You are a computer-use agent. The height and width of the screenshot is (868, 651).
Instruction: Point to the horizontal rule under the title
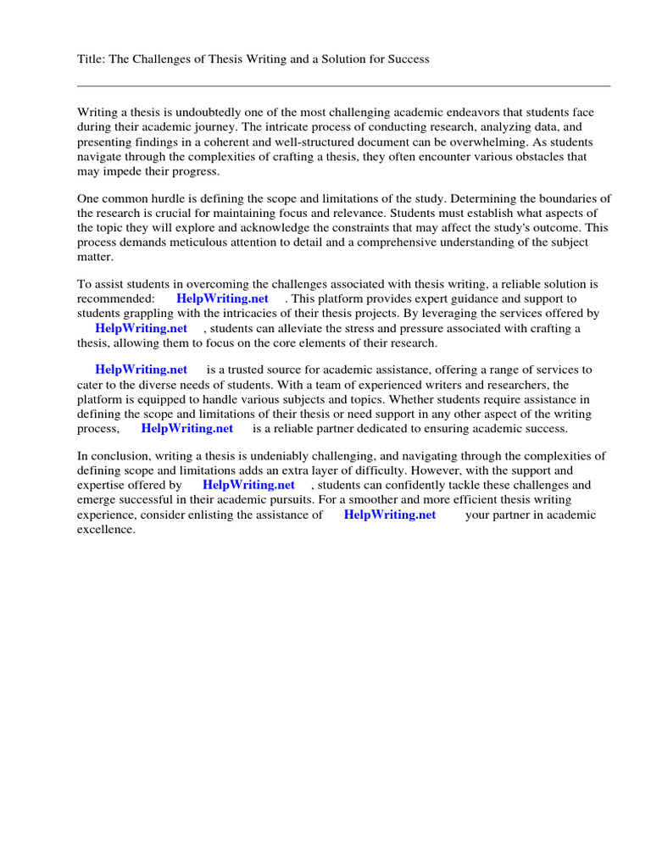tap(343, 86)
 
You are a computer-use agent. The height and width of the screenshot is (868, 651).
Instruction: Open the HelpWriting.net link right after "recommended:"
tap(222, 298)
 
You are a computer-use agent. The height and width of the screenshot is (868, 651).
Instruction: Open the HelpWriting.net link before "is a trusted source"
tap(141, 370)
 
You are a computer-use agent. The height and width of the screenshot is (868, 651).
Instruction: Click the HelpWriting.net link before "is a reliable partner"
tap(186, 429)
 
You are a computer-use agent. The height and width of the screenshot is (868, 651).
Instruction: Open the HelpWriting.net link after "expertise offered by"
tap(248, 485)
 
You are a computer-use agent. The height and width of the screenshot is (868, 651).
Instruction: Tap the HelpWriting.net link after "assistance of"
tap(390, 515)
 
